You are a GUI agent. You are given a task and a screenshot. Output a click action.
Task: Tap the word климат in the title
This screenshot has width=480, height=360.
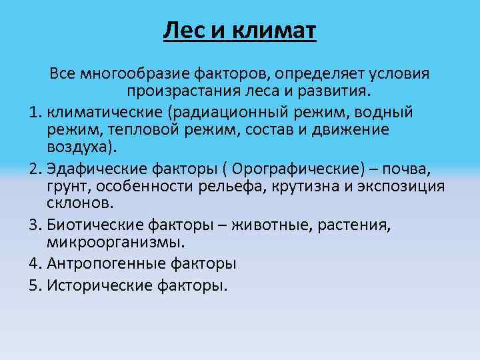tap(273, 31)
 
